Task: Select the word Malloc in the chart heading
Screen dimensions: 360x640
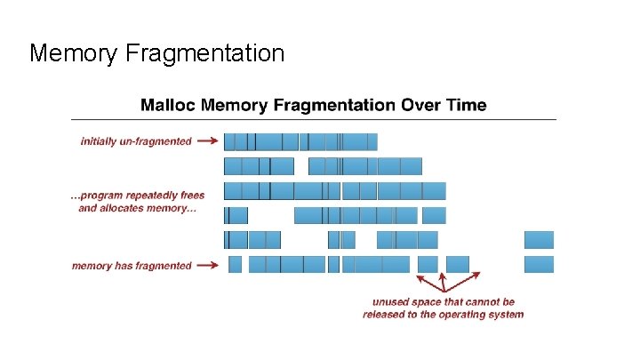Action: coord(168,105)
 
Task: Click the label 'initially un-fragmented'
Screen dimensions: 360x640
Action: coord(136,140)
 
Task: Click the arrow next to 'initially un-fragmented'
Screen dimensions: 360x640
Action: coord(207,140)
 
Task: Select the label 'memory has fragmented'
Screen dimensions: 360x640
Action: coord(132,265)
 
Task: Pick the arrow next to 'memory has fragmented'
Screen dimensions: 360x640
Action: coord(207,265)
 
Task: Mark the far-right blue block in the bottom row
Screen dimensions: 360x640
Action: coord(539,264)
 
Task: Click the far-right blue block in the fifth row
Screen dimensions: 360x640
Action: coord(539,239)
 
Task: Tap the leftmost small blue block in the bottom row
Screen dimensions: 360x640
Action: coord(235,264)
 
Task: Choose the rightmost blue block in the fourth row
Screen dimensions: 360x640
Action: coord(434,215)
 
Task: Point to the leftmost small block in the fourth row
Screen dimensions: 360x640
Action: coord(236,215)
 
